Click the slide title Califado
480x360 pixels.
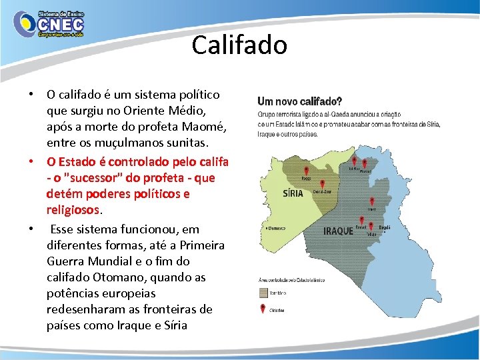239,45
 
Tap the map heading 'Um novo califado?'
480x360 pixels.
300,102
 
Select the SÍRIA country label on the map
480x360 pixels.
293,193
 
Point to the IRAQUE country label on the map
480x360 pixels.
338,231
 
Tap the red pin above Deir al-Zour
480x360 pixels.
322,184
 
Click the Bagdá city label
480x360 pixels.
383,227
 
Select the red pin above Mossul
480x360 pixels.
364,162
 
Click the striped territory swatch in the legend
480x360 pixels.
264,292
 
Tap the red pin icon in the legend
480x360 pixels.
264,308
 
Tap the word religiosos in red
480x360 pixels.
73,210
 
